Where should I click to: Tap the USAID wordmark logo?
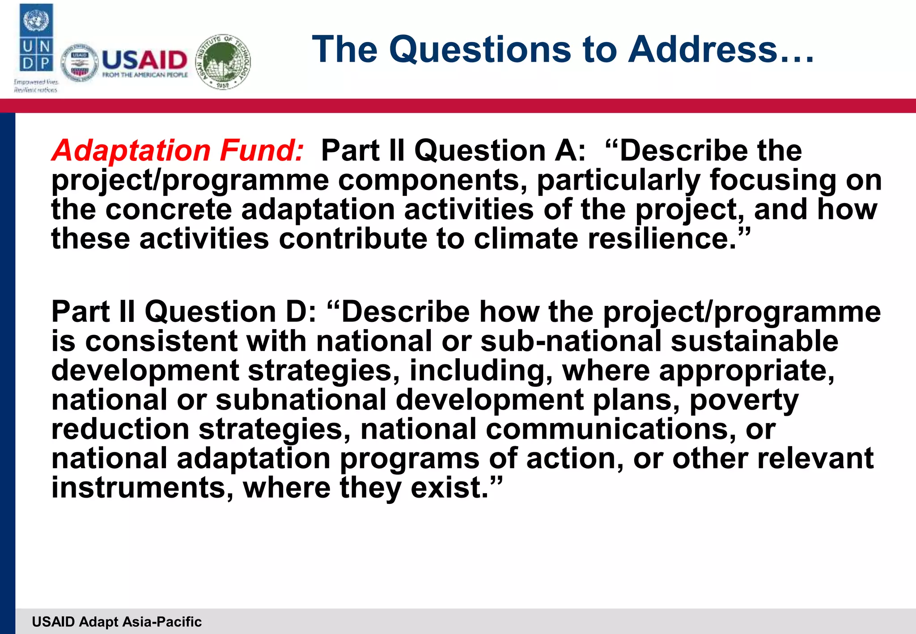coord(144,63)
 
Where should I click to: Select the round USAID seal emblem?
coord(79,63)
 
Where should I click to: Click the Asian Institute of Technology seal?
coord(224,61)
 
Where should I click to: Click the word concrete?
coord(169,209)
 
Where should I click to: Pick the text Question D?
coord(230,311)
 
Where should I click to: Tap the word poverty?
coord(744,400)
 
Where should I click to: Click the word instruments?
coord(142,487)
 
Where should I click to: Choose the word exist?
coord(450,487)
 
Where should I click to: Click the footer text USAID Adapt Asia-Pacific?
coord(117,621)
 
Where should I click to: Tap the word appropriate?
coord(746,370)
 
